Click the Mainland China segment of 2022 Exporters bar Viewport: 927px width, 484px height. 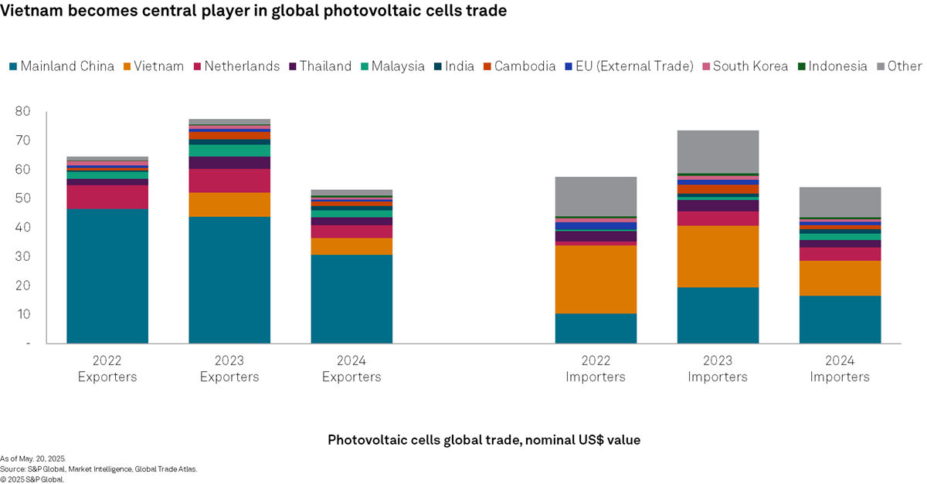pos(107,276)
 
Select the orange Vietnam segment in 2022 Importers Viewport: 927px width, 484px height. pos(596,279)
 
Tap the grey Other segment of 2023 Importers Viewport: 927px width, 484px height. pos(718,151)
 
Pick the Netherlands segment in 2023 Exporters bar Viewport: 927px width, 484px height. pos(229,181)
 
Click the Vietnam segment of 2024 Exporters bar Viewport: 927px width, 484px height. pos(351,246)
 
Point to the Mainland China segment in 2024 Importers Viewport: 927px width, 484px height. pos(840,319)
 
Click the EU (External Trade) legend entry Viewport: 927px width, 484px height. pos(634,66)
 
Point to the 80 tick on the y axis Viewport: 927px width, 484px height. pos(22,112)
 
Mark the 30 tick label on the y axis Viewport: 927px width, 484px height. pos(22,256)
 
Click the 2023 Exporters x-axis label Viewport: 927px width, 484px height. pos(229,369)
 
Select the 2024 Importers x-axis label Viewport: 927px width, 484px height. pos(840,369)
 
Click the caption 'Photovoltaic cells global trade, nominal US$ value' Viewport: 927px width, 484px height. pos(484,439)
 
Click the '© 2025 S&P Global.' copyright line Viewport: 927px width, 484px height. pos(33,479)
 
